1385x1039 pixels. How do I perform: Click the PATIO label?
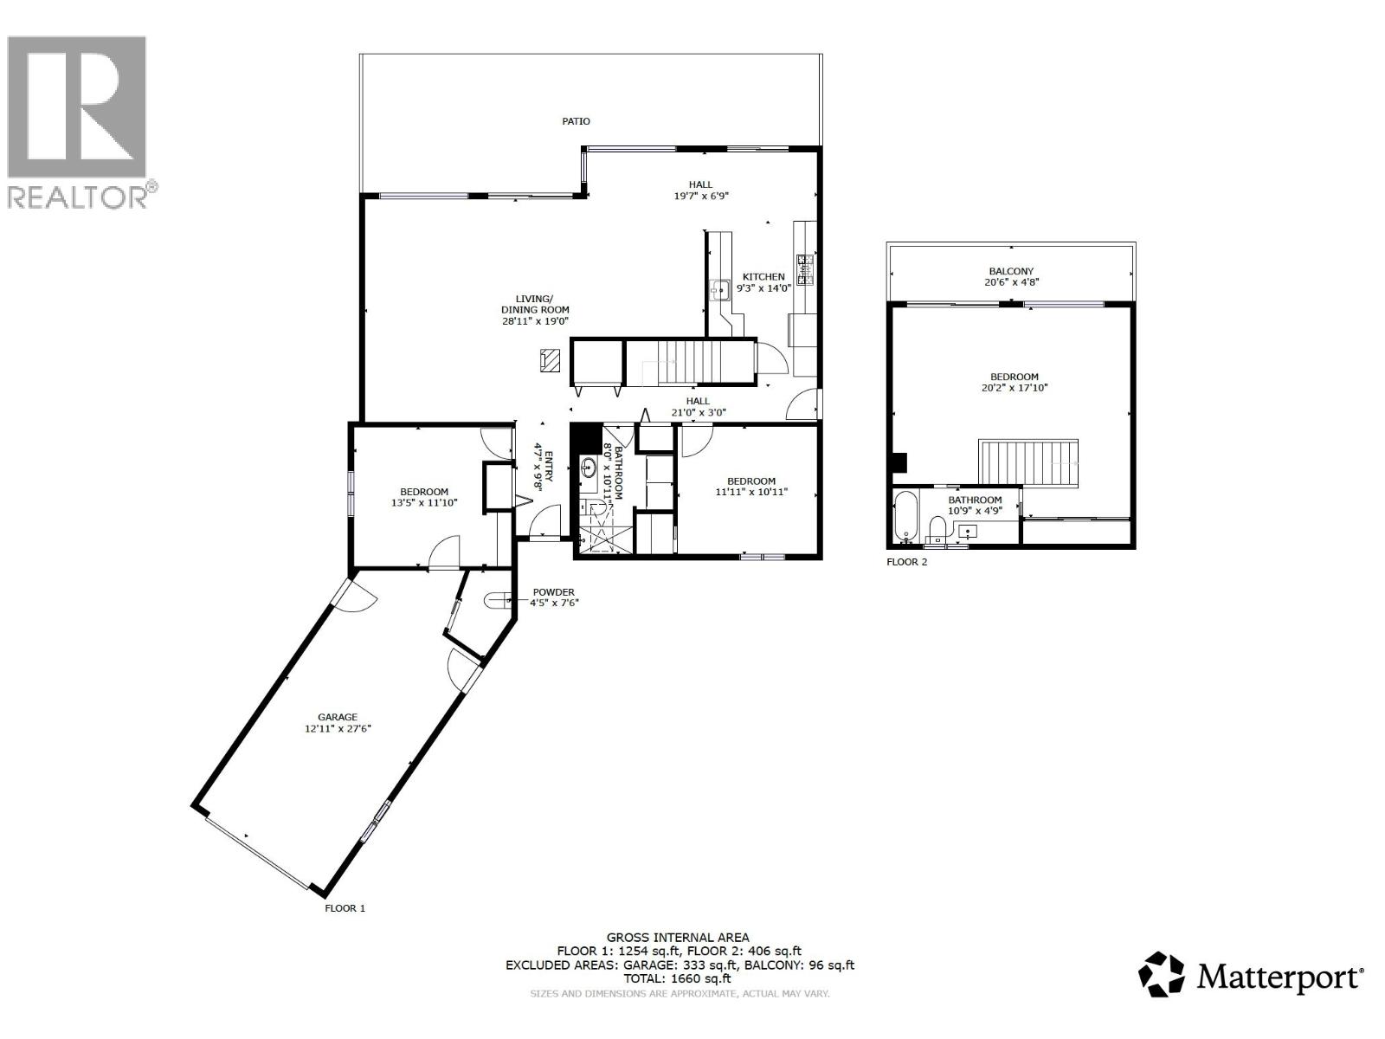point(576,121)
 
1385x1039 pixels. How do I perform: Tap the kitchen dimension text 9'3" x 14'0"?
point(763,288)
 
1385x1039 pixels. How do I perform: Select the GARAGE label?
point(338,717)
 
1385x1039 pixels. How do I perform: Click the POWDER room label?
point(553,592)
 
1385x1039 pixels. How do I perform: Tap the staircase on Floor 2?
point(1029,461)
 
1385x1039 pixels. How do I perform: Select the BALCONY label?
point(1011,271)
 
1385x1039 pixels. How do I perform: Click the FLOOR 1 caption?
point(345,908)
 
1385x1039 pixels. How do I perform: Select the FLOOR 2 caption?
point(906,562)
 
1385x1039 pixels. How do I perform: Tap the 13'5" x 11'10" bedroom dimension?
point(424,502)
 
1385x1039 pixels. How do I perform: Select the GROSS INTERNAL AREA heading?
point(678,937)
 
